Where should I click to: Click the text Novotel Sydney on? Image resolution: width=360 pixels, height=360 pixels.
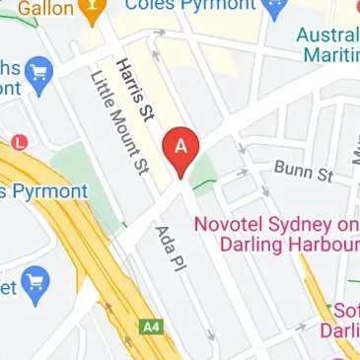275,224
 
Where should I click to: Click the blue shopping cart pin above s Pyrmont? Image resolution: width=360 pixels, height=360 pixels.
39,72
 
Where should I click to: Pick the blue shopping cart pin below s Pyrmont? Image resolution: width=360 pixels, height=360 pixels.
36,281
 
